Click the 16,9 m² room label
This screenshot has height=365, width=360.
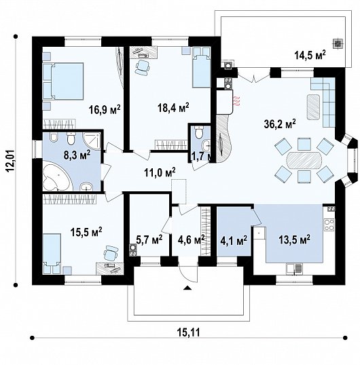pyautogui.click(x=105, y=109)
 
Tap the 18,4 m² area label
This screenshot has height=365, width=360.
pyautogui.click(x=173, y=108)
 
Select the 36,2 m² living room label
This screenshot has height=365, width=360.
pyautogui.click(x=280, y=123)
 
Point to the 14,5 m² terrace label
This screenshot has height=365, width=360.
pyautogui.click(x=310, y=55)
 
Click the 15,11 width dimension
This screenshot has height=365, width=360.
pyautogui.click(x=189, y=332)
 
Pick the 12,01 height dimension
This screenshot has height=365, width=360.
pyautogui.click(x=11, y=161)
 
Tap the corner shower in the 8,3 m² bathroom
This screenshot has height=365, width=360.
pyautogui.click(x=92, y=141)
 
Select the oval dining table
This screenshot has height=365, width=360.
pyautogui.click(x=304, y=160)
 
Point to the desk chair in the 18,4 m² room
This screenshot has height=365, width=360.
pyautogui.click(x=142, y=68)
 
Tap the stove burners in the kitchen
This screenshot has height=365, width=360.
pyautogui.click(x=329, y=225)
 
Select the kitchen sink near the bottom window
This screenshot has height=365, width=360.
pyautogui.click(x=294, y=269)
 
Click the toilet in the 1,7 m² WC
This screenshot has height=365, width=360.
pyautogui.click(x=199, y=132)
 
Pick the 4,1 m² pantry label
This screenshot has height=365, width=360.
pyautogui.click(x=234, y=241)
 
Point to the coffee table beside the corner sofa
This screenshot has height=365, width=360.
pyautogui.click(x=313, y=107)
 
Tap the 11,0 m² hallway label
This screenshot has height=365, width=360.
pyautogui.click(x=160, y=173)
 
